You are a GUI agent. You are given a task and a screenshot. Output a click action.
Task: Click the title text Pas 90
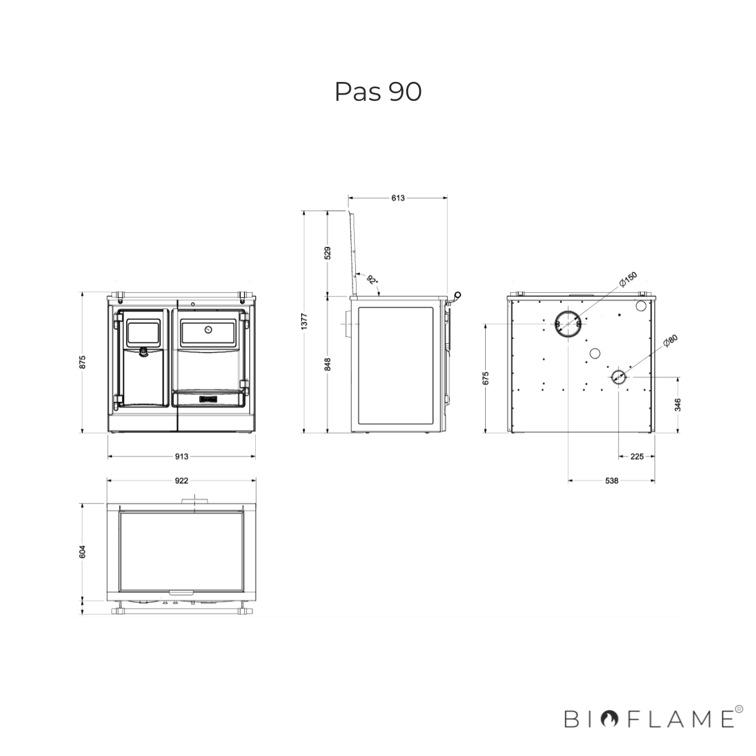coord(378,92)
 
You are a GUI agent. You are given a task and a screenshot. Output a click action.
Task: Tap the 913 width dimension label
coord(181,457)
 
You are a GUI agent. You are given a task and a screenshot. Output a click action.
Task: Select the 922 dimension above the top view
coord(181,481)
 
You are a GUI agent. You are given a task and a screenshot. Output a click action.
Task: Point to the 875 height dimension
coord(83,362)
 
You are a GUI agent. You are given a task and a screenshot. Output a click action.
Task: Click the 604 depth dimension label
coord(83,551)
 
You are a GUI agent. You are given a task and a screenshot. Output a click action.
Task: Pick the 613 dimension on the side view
coord(398,198)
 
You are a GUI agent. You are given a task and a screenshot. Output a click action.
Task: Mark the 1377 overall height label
coord(305,321)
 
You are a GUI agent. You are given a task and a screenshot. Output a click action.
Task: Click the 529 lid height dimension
coord(328,253)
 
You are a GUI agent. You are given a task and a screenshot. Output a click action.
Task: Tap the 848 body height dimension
coord(328,364)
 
